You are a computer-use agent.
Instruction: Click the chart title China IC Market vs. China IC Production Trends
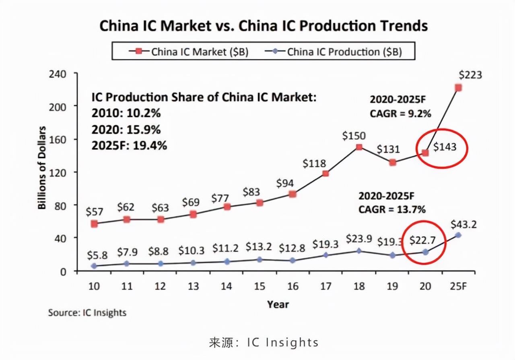pyautogui.click(x=263, y=26)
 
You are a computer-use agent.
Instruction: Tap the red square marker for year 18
pyautogui.click(x=359, y=147)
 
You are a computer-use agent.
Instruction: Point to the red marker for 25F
pyautogui.click(x=458, y=88)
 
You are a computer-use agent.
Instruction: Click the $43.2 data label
pyautogui.click(x=463, y=224)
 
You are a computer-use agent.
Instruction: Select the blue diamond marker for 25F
pyautogui.click(x=458, y=235)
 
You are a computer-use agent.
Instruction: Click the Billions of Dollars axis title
pyautogui.click(x=42, y=168)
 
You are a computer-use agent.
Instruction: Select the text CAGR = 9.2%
pyautogui.click(x=400, y=114)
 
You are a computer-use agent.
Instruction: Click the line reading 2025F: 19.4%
pyautogui.click(x=129, y=145)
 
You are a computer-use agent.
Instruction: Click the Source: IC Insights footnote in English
pyautogui.click(x=87, y=312)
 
